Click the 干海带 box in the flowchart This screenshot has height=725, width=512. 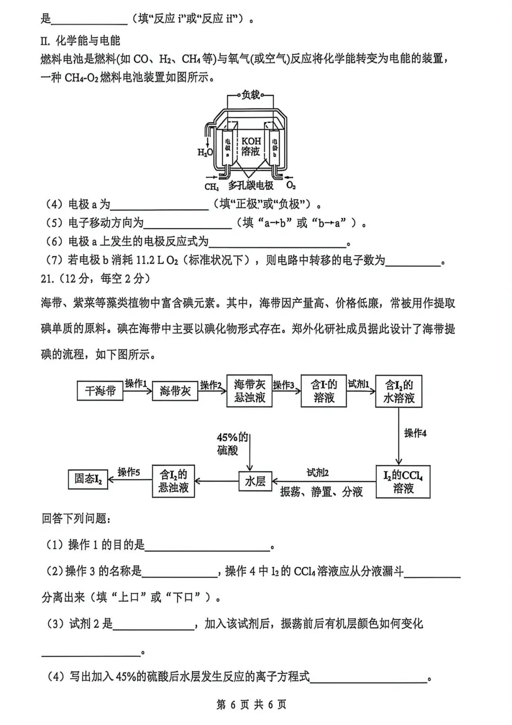[100, 391]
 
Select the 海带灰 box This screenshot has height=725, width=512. [175, 391]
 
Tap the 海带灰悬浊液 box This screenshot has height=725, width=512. [249, 391]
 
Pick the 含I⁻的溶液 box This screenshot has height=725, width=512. [324, 391]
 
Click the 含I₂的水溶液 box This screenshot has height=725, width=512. [399, 391]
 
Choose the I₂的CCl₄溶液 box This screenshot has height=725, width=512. [403, 481]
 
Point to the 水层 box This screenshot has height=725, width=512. [255, 481]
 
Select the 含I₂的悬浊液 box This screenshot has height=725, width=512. [174, 481]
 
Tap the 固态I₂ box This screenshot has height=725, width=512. [88, 479]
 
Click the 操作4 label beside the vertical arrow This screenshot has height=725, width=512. [415, 433]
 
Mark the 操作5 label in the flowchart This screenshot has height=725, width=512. [129, 472]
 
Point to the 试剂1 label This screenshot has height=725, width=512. [358, 383]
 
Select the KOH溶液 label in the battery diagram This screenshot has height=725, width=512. [251, 146]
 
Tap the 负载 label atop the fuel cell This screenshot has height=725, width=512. [251, 95]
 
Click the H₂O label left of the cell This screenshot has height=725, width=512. [205, 153]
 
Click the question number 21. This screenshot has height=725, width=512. [47, 279]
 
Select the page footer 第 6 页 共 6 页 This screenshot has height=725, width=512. [251, 705]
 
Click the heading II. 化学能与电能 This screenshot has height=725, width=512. [80, 41]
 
